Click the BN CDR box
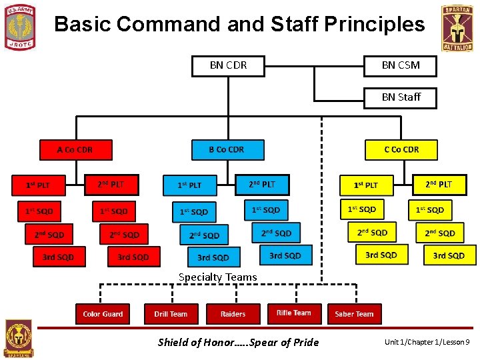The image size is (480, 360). coord(228,65)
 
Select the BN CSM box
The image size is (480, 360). coord(401,65)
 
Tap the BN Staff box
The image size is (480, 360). coord(401,97)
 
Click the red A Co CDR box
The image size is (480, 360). coord(75,150)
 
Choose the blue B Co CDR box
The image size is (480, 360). coord(227,150)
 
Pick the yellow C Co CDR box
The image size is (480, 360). coord(401,150)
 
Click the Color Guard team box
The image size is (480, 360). coord(103,314)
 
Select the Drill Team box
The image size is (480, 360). coord(171,314)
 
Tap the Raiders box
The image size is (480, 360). coord(233,314)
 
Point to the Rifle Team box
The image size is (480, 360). coord(293,313)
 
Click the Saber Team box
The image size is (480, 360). coord(354,314)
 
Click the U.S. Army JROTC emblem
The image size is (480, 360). coord(20,27)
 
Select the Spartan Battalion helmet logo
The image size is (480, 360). coord(457,28)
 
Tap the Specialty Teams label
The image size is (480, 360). coord(217,277)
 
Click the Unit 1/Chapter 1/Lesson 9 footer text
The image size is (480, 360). coord(427,343)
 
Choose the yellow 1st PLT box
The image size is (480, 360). coord(366,185)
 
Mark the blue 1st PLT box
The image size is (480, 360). coord(190,185)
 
